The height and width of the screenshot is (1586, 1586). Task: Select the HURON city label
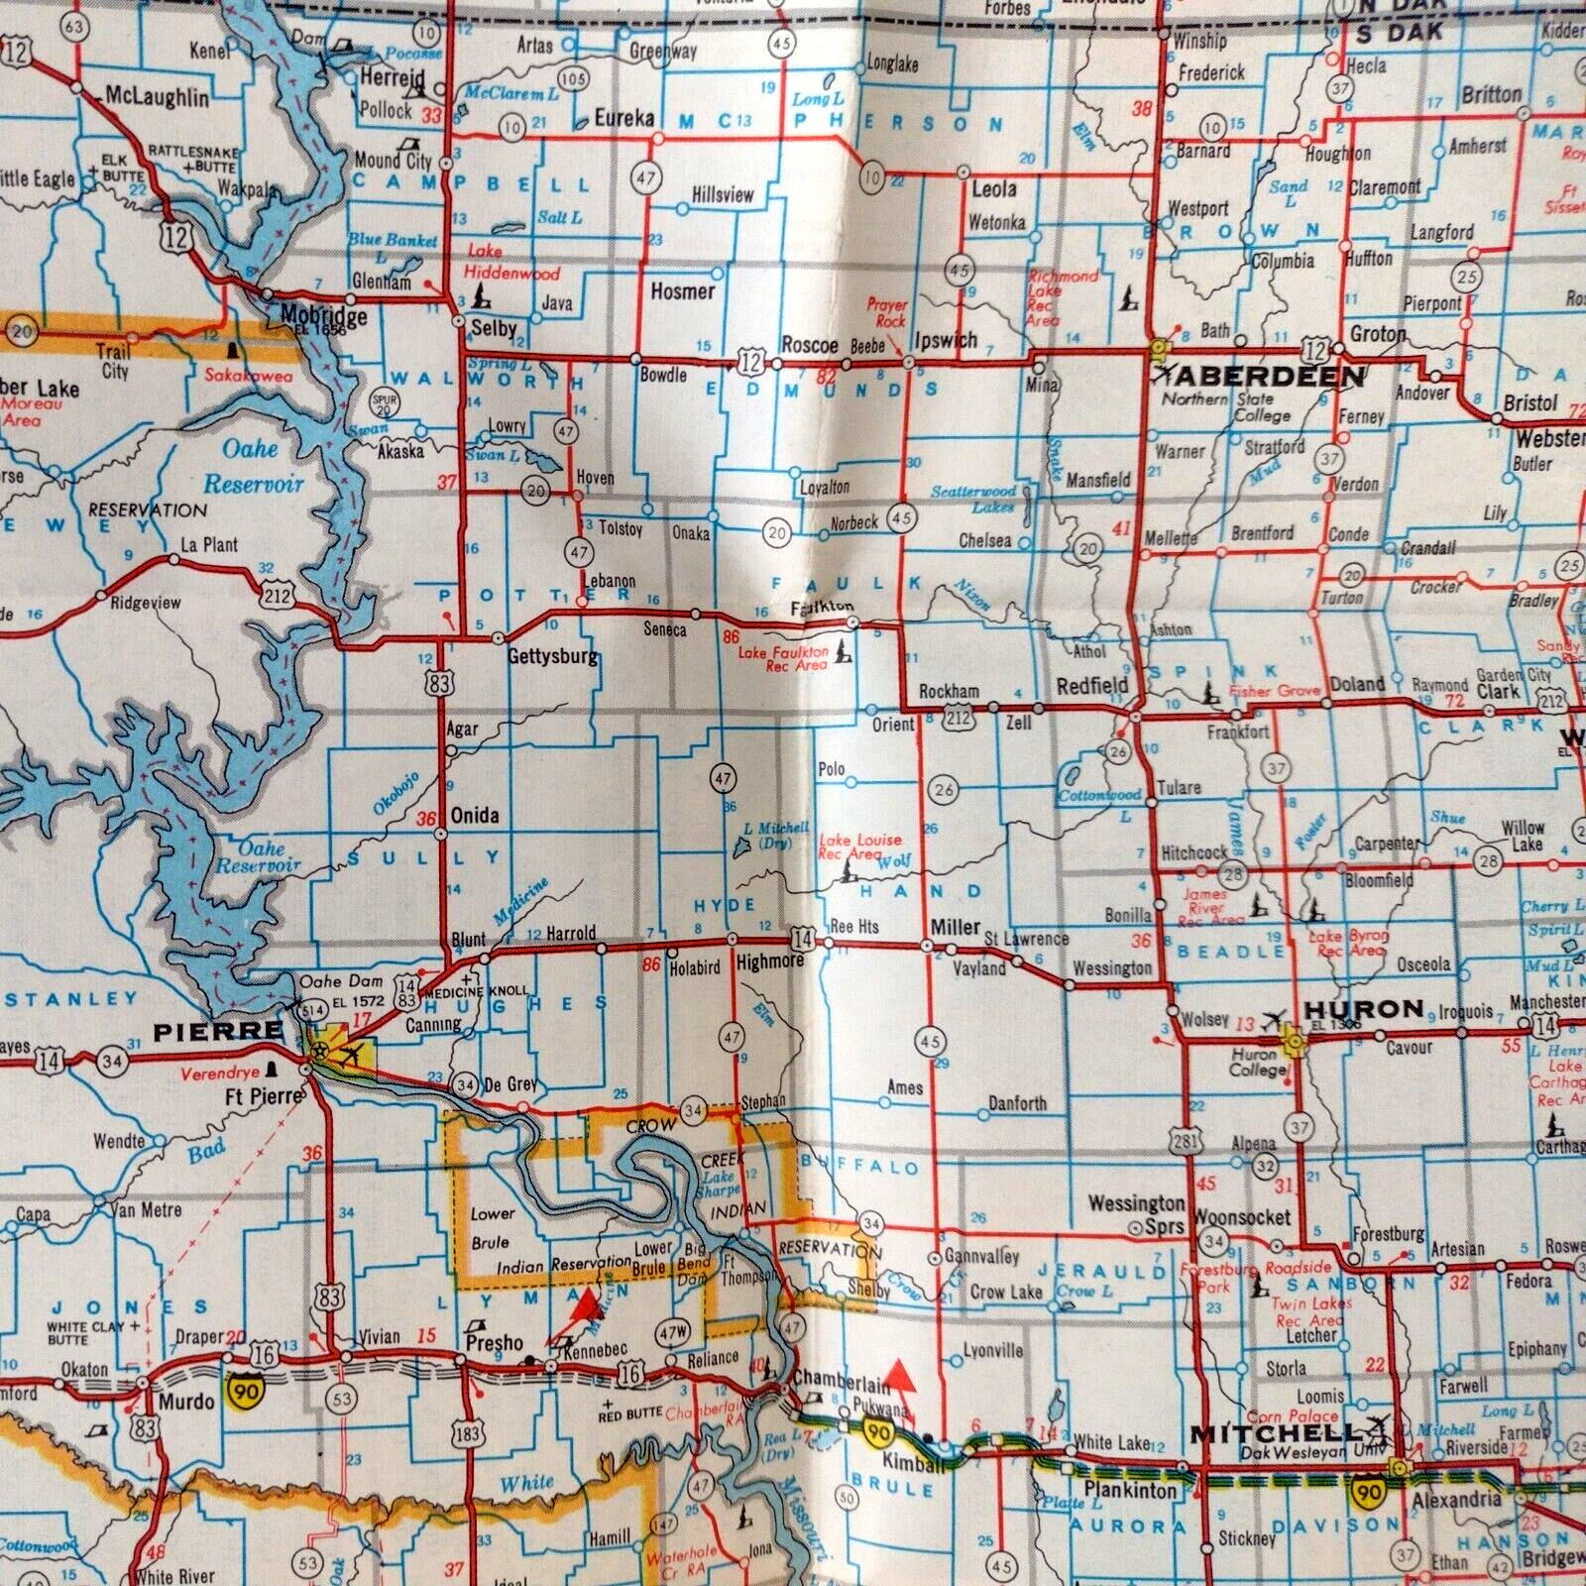1363,1009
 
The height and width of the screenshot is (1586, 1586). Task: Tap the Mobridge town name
309,317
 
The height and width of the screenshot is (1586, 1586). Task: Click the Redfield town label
1091,685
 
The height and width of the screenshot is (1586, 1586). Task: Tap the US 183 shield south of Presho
469,1433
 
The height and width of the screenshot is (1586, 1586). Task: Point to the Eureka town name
624,118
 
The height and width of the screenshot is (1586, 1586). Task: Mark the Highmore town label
769,962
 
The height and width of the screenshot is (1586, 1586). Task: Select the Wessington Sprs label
1136,1214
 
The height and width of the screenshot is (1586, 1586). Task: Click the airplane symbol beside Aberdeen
1165,375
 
